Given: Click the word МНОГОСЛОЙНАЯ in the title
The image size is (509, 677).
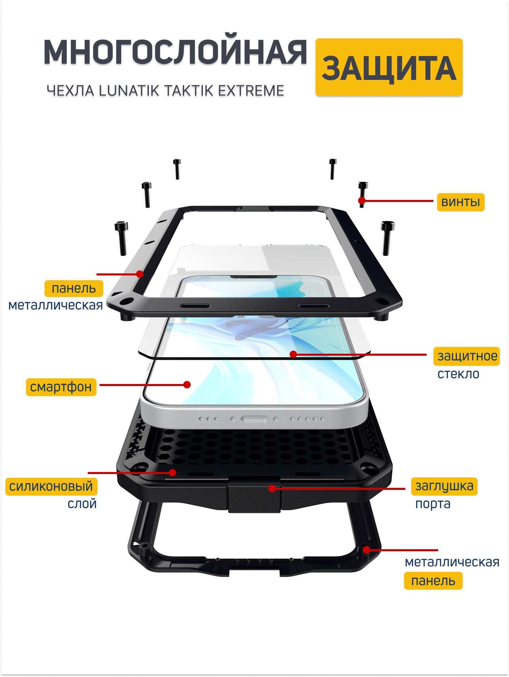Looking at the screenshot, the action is (175, 52).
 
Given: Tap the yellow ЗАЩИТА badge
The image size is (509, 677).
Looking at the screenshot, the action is (389, 68).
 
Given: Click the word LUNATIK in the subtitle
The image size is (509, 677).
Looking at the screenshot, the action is (129, 91).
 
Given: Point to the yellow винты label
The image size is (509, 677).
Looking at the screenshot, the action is (460, 202).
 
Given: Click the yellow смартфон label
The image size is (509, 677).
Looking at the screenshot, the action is (61, 387).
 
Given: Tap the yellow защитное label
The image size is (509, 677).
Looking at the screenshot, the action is (467, 356).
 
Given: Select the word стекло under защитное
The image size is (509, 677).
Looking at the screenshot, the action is (458, 374).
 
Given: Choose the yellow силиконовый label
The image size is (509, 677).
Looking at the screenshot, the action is (51, 487).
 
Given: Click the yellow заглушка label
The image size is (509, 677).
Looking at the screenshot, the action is (444, 486).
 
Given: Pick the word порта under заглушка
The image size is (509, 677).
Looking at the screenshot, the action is (432, 504).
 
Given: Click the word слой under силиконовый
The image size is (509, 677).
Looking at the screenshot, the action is (82, 504).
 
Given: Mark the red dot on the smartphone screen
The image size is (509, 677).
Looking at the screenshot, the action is (187, 384).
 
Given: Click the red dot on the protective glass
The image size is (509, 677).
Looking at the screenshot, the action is (293, 354).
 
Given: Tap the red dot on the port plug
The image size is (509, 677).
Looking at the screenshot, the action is (272, 488).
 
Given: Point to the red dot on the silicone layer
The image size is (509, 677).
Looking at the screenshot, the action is (172, 473).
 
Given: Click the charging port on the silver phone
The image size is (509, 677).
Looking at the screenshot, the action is (254, 419).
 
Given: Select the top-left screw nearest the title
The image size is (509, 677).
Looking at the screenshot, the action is (177, 169).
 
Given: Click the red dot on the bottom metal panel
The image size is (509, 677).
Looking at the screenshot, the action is (366, 550).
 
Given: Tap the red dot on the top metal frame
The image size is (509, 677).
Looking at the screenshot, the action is (140, 274).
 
